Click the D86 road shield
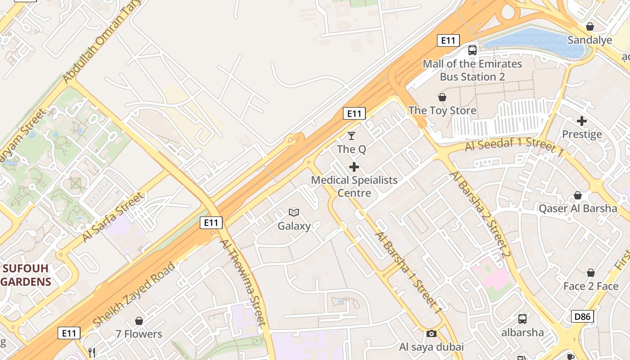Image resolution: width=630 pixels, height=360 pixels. pyautogui.click(x=582, y=316)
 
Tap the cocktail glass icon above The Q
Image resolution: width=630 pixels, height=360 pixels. pyautogui.click(x=351, y=135)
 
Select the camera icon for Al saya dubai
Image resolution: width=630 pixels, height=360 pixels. pyautogui.click(x=431, y=333)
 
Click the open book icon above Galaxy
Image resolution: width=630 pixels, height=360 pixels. pyautogui.click(x=294, y=212)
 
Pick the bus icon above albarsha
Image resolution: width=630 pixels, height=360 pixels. pyautogui.click(x=522, y=319)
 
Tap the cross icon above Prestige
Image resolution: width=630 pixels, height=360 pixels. pyautogui.click(x=582, y=121)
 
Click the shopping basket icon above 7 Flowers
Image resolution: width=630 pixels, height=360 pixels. pyautogui.click(x=139, y=321)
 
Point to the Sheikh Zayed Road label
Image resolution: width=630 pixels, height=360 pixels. pyautogui.click(x=134, y=295)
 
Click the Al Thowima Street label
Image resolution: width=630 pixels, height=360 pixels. pyautogui.click(x=243, y=282)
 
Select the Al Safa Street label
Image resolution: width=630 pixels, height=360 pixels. pyautogui.click(x=113, y=217)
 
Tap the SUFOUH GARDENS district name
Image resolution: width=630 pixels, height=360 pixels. pyautogui.click(x=26, y=275)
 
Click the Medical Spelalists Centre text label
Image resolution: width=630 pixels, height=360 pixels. pyautogui.click(x=354, y=186)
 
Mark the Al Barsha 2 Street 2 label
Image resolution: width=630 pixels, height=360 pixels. pyautogui.click(x=480, y=215)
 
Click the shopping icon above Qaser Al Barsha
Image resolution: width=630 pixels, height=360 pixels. pyautogui.click(x=577, y=195)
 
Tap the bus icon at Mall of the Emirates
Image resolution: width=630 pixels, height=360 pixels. pyautogui.click(x=472, y=50)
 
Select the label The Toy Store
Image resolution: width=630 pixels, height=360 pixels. pyautogui.click(x=442, y=110)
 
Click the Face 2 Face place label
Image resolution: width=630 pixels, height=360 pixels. pyautogui.click(x=591, y=286)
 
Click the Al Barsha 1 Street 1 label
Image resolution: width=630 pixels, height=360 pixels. pyautogui.click(x=409, y=272)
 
